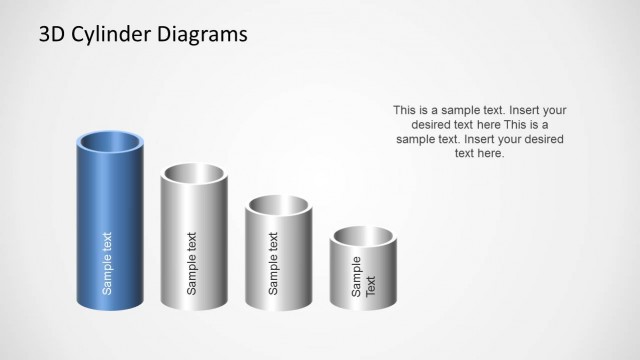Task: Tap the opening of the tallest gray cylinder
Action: pyautogui.click(x=194, y=176)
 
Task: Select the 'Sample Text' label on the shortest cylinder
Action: pyautogui.click(x=362, y=276)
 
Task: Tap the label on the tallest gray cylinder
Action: pyautogui.click(x=192, y=262)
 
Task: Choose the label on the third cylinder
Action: pyautogui.click(x=274, y=262)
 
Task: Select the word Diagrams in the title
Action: pyautogui.click(x=205, y=35)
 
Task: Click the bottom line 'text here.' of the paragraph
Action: pyautogui.click(x=479, y=154)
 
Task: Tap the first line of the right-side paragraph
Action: pyautogui.click(x=479, y=110)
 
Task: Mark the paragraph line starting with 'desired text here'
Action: pyautogui.click(x=479, y=125)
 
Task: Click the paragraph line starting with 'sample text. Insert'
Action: pyautogui.click(x=479, y=140)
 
